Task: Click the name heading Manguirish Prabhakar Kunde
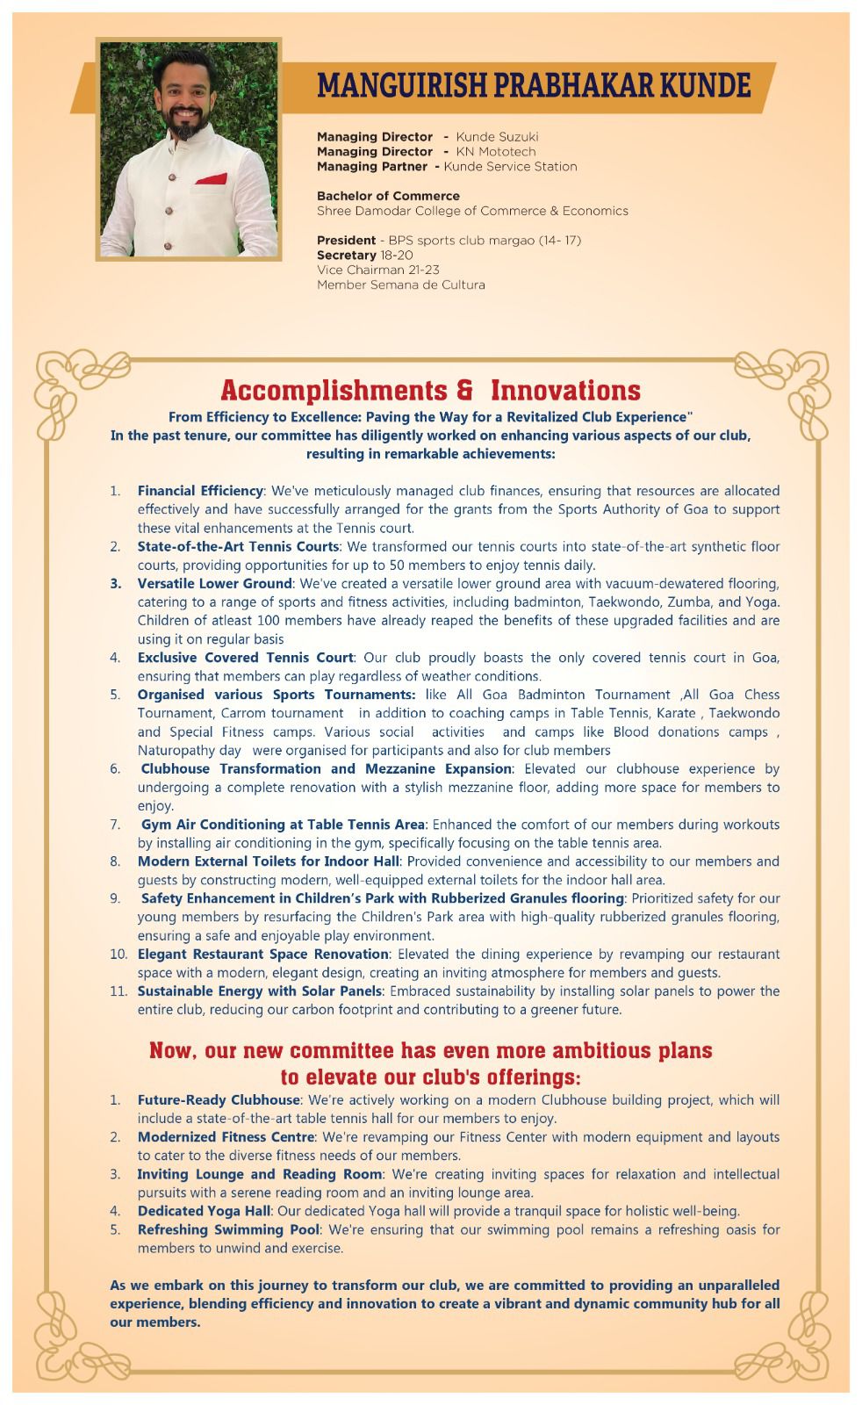click(534, 85)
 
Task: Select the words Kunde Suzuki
click(497, 137)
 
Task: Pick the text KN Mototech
click(495, 152)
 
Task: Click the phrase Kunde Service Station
click(510, 167)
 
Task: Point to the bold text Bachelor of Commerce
click(388, 196)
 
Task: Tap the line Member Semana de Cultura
click(400, 285)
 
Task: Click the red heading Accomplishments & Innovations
click(430, 390)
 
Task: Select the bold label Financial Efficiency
click(200, 491)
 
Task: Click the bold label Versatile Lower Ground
click(214, 584)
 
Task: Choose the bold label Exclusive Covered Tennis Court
click(246, 658)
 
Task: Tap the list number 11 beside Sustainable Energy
click(119, 991)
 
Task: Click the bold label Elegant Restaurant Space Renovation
click(262, 955)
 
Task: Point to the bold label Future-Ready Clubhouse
click(219, 1100)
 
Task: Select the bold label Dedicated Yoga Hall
click(205, 1211)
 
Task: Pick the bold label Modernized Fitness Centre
click(226, 1137)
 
